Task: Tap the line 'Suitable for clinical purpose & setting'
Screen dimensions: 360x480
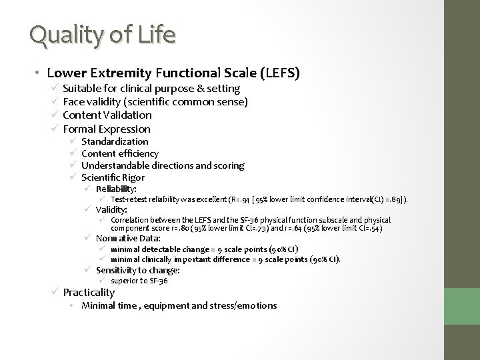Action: pyautogui.click(x=151, y=88)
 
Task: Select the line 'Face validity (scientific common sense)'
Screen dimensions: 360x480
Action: pyautogui.click(x=155, y=101)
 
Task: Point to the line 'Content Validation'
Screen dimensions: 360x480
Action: pyautogui.click(x=107, y=115)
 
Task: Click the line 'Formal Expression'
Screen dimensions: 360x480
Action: pyautogui.click(x=107, y=129)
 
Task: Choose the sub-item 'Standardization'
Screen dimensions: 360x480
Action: pyautogui.click(x=115, y=141)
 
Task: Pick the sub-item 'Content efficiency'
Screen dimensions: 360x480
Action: pyautogui.click(x=120, y=153)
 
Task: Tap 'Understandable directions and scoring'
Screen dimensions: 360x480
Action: pyautogui.click(x=163, y=165)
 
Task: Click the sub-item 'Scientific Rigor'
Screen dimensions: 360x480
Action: pyautogui.click(x=113, y=177)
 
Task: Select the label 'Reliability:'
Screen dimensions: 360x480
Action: pyautogui.click(x=117, y=189)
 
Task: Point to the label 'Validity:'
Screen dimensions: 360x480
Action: pyautogui.click(x=111, y=209)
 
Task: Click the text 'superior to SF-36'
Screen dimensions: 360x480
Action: pyautogui.click(x=139, y=281)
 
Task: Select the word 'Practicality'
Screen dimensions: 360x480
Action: pyautogui.click(x=89, y=293)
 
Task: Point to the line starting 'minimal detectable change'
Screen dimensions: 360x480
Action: pyautogui.click(x=204, y=249)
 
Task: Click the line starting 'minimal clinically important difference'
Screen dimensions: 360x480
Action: pyautogui.click(x=225, y=259)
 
